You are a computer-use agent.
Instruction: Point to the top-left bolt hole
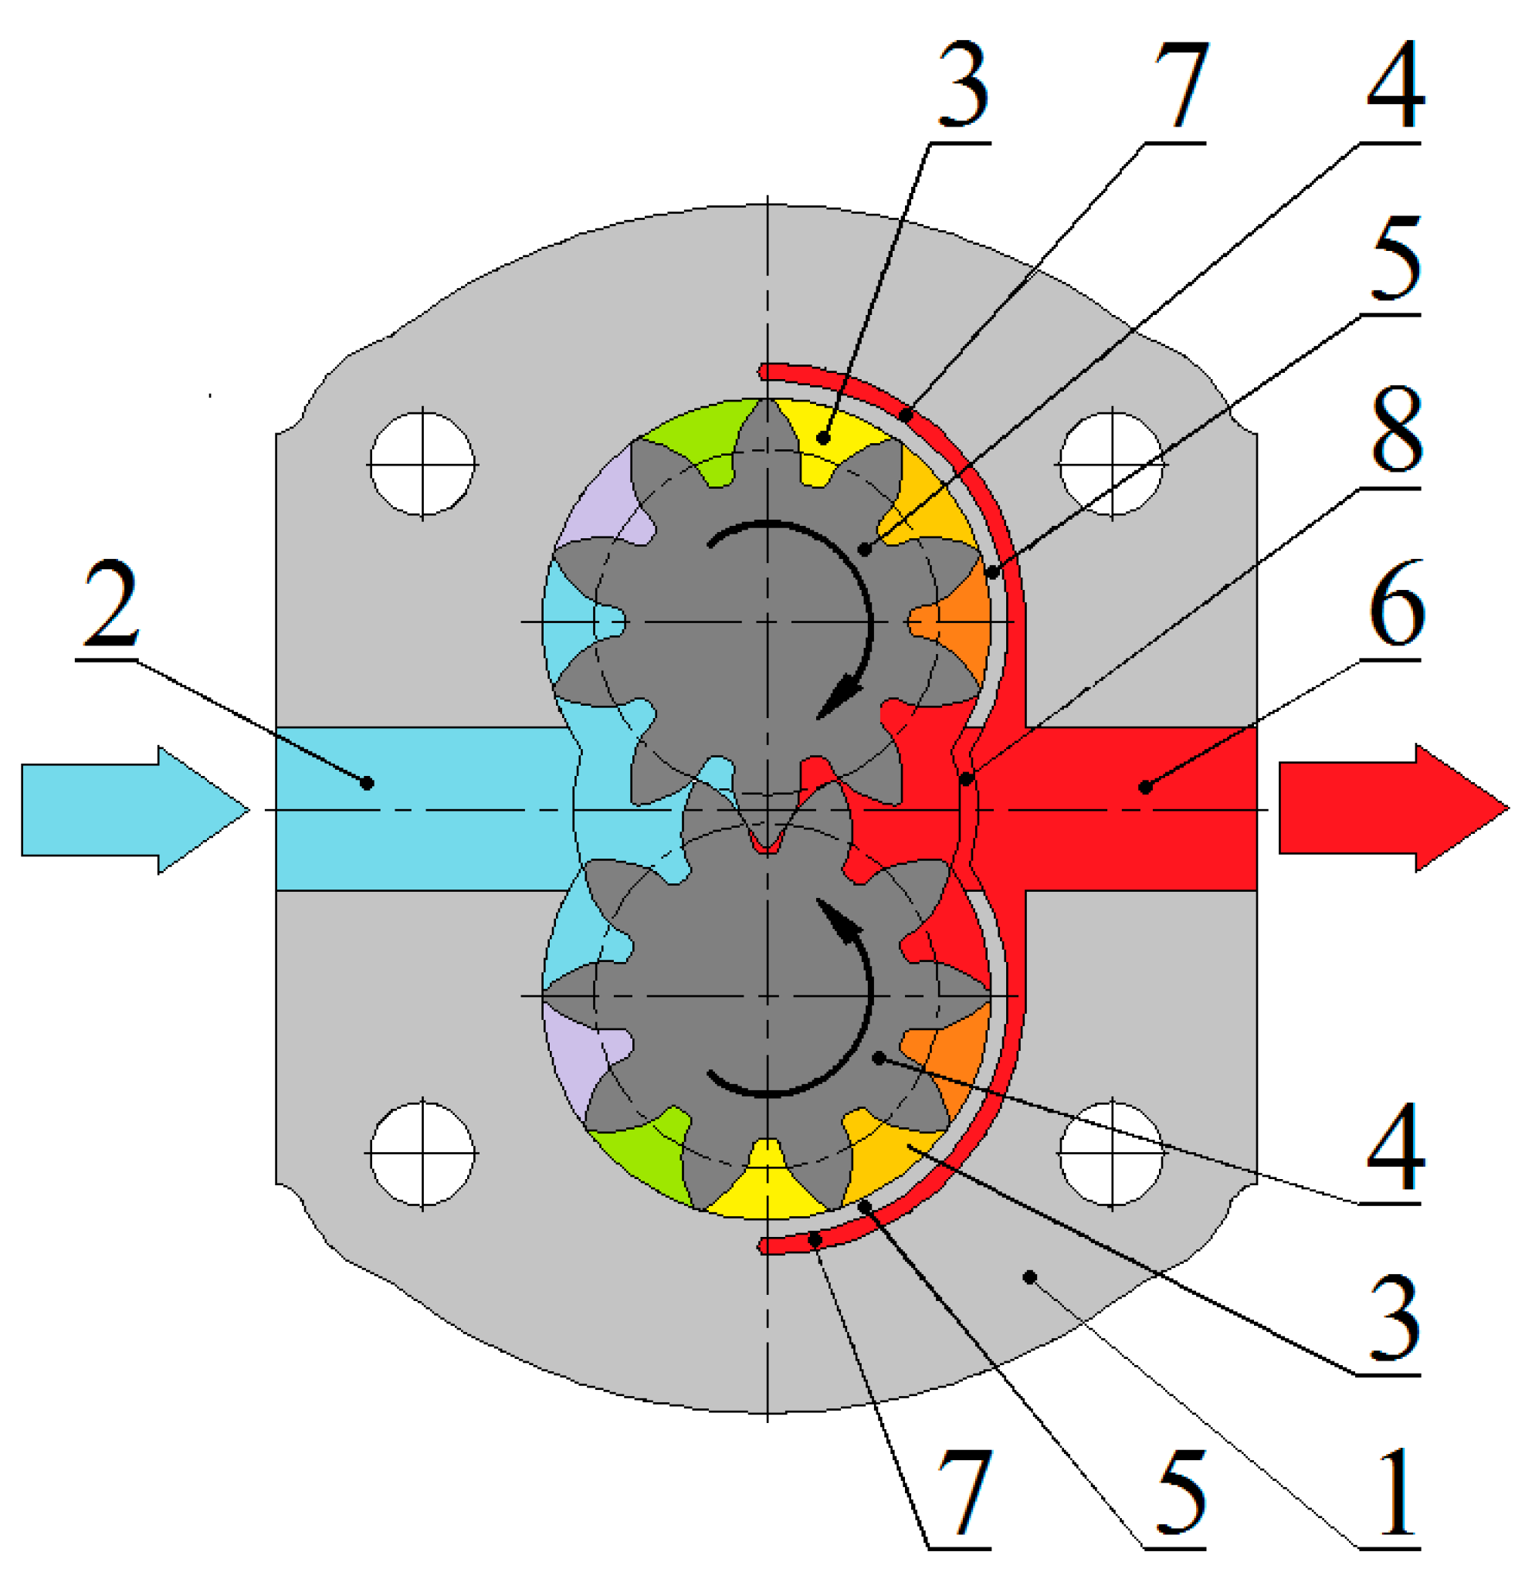[x=422, y=464]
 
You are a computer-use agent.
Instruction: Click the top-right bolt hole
[x=1111, y=464]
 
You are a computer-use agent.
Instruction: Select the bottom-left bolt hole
[x=422, y=1154]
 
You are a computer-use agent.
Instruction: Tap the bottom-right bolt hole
[x=1111, y=1154]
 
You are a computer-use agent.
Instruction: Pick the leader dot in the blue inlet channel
[x=367, y=782]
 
